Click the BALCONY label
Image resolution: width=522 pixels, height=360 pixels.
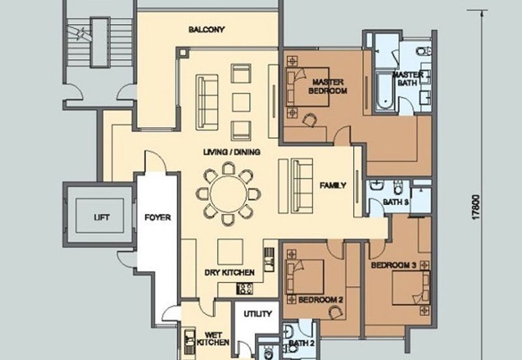tap(207, 29)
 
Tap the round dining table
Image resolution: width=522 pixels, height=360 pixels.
tap(229, 194)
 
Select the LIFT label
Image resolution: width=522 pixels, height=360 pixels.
tap(102, 218)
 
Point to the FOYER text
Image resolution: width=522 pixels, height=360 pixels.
tap(158, 218)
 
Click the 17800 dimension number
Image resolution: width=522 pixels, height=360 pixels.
tap(476, 207)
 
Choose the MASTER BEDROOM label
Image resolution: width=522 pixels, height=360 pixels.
tap(328, 87)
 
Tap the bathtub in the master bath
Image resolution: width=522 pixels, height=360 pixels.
tap(386, 91)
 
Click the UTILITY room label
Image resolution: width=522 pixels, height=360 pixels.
tap(258, 314)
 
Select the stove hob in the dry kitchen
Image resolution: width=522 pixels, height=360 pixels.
tap(245, 288)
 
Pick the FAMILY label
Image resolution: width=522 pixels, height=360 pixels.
tap(333, 186)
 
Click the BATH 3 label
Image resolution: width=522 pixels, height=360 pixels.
tap(396, 202)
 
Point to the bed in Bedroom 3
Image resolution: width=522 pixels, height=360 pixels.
tap(411, 288)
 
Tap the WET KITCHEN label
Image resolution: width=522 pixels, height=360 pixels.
tap(213, 338)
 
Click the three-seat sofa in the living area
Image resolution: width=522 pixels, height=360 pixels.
tap(207, 101)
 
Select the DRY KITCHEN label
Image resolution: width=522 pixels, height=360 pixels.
tap(230, 273)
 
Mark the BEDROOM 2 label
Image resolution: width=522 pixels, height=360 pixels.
tap(320, 300)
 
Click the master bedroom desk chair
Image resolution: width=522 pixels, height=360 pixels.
tap(309, 119)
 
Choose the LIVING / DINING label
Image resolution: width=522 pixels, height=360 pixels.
tap(232, 153)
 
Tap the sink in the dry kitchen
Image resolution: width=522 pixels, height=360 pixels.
tap(269, 260)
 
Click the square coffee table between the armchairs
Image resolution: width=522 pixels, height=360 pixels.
tap(241, 102)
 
